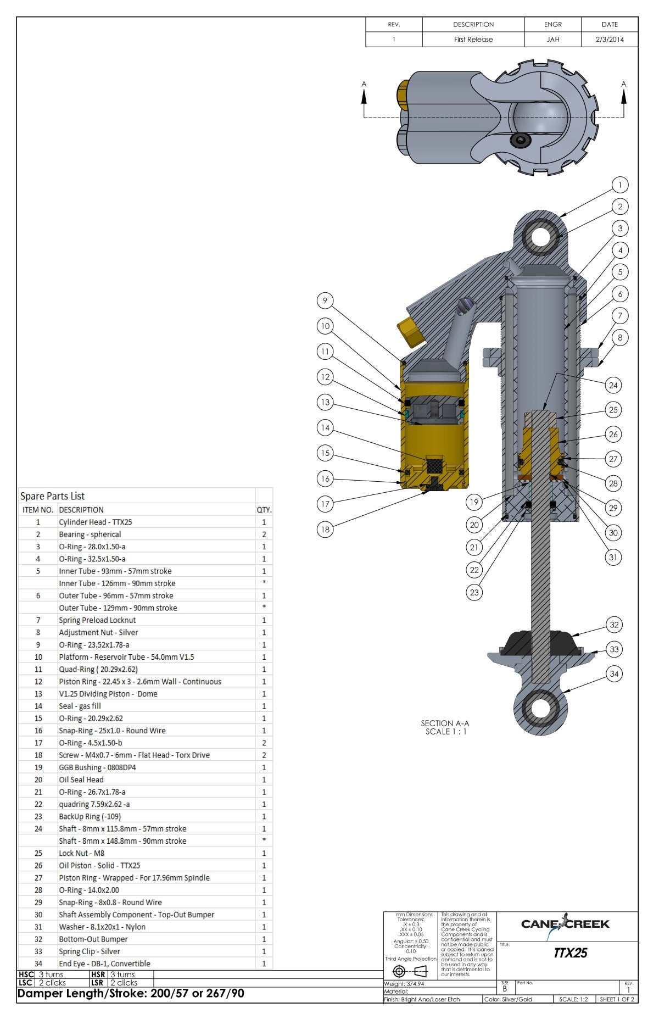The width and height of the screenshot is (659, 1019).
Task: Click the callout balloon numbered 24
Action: [x=613, y=385]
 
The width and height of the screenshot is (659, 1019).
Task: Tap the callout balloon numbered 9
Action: [x=325, y=300]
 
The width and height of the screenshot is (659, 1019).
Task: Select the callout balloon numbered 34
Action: [x=614, y=674]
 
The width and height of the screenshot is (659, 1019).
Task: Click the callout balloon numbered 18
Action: [x=325, y=529]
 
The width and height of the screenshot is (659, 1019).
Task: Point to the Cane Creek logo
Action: [x=565, y=925]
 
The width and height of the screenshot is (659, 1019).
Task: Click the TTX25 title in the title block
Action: [x=570, y=953]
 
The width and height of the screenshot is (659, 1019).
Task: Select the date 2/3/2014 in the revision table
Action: [x=610, y=40]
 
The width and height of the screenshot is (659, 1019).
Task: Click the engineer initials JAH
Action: [x=553, y=40]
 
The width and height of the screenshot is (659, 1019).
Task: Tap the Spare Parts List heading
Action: [x=53, y=496]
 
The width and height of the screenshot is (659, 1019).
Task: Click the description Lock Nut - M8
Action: [x=81, y=853]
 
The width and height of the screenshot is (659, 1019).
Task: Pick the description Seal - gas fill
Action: [x=80, y=706]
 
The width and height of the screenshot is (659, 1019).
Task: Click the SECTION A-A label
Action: [x=445, y=723]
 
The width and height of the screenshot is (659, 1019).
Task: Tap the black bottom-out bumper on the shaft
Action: [x=541, y=643]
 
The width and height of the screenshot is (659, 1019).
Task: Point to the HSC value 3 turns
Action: [x=51, y=975]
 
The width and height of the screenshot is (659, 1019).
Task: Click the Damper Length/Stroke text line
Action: [x=131, y=993]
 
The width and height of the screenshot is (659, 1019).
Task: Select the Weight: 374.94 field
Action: [x=404, y=984]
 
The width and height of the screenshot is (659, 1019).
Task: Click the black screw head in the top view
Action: [x=520, y=141]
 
